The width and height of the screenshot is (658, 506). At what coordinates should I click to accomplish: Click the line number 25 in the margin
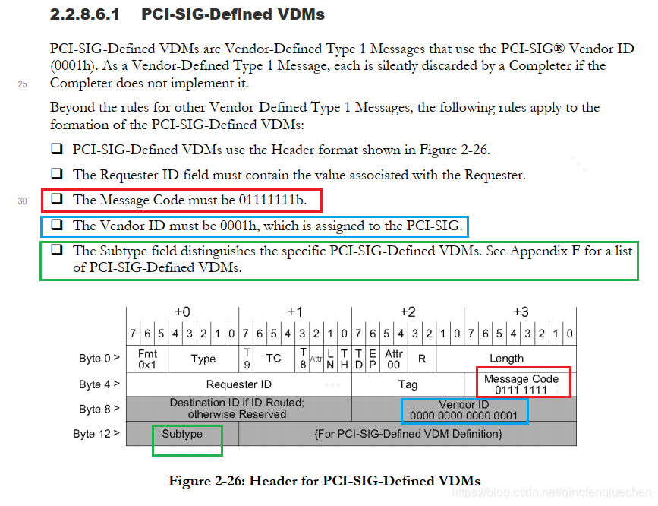(x=22, y=84)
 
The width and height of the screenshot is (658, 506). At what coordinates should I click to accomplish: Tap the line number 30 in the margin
(x=22, y=201)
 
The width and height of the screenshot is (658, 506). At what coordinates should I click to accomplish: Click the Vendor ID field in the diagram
(x=464, y=410)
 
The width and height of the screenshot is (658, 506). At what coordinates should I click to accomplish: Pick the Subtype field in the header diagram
(x=182, y=434)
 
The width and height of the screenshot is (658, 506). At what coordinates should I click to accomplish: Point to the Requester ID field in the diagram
(x=238, y=384)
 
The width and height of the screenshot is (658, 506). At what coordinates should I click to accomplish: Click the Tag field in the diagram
(x=408, y=384)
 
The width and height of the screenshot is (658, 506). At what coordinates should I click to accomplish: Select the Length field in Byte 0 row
(x=506, y=359)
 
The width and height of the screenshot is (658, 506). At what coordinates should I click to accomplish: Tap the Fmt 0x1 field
(x=147, y=359)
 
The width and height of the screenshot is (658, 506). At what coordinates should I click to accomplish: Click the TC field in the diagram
(x=273, y=359)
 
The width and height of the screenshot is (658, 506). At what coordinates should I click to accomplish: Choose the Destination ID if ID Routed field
(x=238, y=409)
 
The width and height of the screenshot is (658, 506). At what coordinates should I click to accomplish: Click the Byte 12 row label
(x=98, y=434)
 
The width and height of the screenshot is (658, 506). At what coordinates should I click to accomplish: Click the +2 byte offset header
(x=408, y=312)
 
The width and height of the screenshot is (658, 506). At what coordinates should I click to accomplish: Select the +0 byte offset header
(x=182, y=312)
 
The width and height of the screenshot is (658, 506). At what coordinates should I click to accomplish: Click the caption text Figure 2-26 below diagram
(x=324, y=480)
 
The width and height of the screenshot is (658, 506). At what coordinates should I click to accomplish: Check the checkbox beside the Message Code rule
(x=57, y=200)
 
